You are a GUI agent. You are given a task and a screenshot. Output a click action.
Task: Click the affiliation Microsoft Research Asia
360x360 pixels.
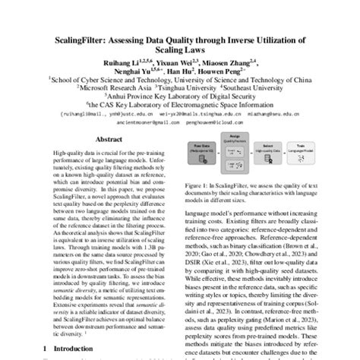pos(118,87)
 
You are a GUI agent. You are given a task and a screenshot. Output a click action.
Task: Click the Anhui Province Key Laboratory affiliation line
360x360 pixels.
pos(179,97)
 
